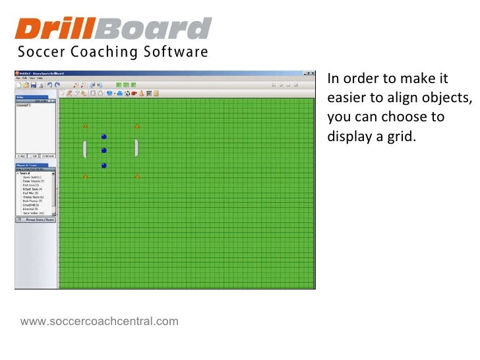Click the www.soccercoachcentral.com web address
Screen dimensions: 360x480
pyautogui.click(x=99, y=321)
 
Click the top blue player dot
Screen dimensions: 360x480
pyautogui.click(x=104, y=137)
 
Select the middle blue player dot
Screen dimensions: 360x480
pyautogui.click(x=104, y=151)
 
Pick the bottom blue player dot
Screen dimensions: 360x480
pyautogui.click(x=104, y=165)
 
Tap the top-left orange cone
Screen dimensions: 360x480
pyautogui.click(x=85, y=126)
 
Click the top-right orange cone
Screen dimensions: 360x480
pyautogui.click(x=137, y=126)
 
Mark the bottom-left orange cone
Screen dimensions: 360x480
pyautogui.click(x=85, y=176)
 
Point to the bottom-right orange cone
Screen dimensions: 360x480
pyautogui.click(x=137, y=176)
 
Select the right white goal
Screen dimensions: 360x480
pyautogui.click(x=136, y=148)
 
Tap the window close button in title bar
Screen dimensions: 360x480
pyautogui.click(x=313, y=74)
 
